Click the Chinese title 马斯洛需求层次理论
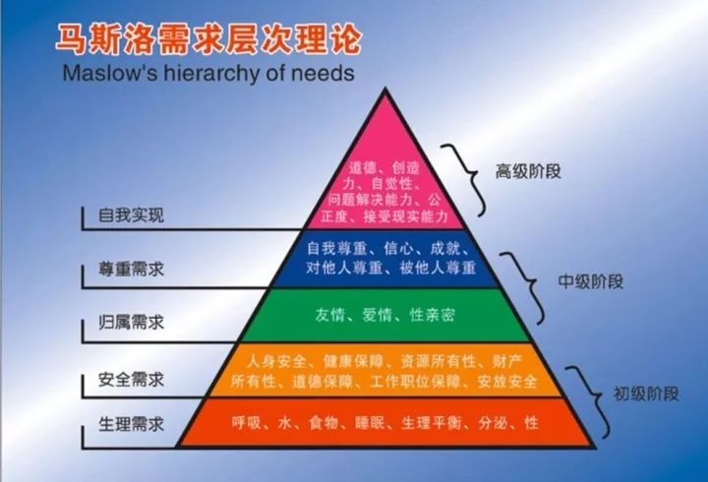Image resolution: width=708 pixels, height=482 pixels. pos(208,39)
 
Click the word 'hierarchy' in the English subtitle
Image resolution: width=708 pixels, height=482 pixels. pos(211,73)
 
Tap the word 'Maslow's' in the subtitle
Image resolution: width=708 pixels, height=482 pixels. pos(110,73)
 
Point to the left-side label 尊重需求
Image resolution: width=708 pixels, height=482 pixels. pos(132,270)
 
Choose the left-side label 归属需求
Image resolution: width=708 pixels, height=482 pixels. pos(132,323)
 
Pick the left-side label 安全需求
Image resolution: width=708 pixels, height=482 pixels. pos(132,380)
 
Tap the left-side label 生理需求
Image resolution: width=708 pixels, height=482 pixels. pos(132,424)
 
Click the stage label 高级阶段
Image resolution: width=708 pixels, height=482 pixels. pos(528,172)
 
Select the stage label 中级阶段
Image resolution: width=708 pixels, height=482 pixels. pos(591,282)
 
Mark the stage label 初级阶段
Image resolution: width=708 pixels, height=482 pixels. pos(646,393)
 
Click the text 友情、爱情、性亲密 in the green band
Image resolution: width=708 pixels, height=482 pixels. pos(385,315)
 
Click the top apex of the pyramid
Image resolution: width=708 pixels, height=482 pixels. pos(385,89)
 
